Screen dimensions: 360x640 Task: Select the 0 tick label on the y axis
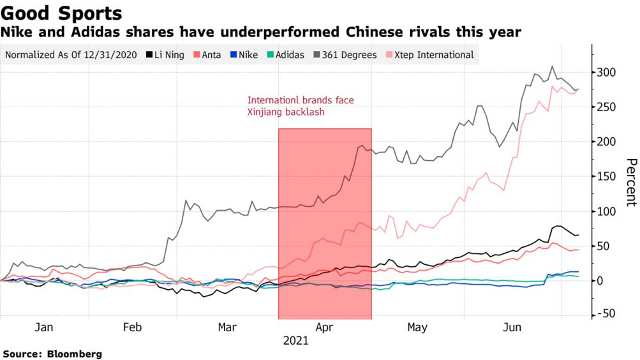pyautogui.click(x=599, y=281)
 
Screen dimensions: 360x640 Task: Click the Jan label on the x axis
pyautogui.click(x=44, y=327)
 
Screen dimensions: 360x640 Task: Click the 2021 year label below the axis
pyautogui.click(x=295, y=341)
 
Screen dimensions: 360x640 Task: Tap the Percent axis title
pyautogui.click(x=630, y=182)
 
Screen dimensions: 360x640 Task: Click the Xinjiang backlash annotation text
pyautogui.click(x=286, y=112)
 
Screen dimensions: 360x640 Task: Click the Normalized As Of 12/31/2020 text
pyautogui.click(x=71, y=55)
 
